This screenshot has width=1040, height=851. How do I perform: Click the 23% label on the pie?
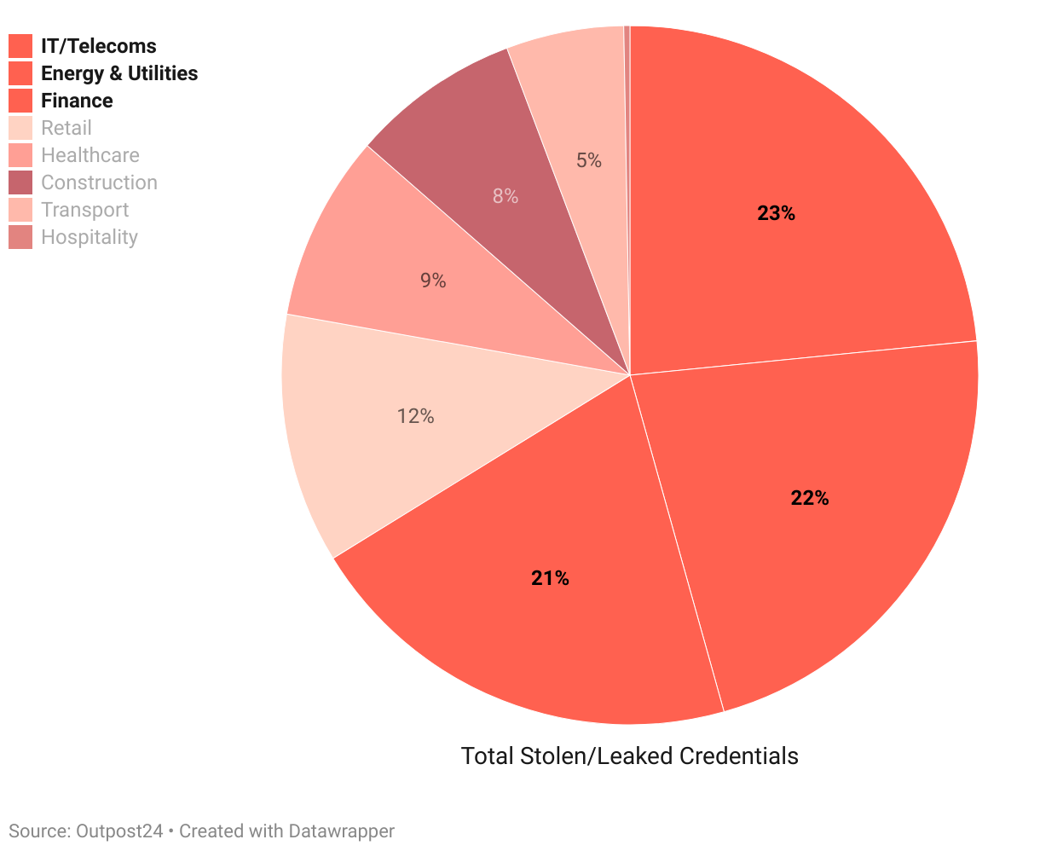point(776,213)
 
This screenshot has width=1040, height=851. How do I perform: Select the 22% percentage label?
point(809,498)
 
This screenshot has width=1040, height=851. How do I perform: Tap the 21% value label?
point(550,578)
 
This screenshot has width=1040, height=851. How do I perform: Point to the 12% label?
point(415,416)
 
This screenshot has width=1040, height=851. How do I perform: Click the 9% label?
point(433,281)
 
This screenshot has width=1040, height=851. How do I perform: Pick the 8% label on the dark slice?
point(505,196)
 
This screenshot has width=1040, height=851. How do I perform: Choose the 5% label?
point(588,159)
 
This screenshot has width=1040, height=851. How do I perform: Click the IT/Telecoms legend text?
point(98,46)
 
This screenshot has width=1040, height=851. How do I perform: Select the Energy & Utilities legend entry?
point(118,73)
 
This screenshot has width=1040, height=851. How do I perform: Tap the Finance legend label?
point(77,101)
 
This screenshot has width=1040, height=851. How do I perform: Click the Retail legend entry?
point(66,128)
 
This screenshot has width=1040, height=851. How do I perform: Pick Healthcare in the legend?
point(90,155)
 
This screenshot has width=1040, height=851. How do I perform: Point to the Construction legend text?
point(99,182)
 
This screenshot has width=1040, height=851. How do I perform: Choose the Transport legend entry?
point(84,210)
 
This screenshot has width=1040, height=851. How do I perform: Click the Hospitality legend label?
point(89,237)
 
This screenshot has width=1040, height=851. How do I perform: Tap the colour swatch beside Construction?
point(20,182)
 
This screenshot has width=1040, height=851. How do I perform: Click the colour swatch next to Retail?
point(20,128)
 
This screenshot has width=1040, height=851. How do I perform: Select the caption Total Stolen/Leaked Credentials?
point(629,755)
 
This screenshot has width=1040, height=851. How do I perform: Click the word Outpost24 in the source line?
point(119,831)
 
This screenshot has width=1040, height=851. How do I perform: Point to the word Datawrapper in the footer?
point(341,831)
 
